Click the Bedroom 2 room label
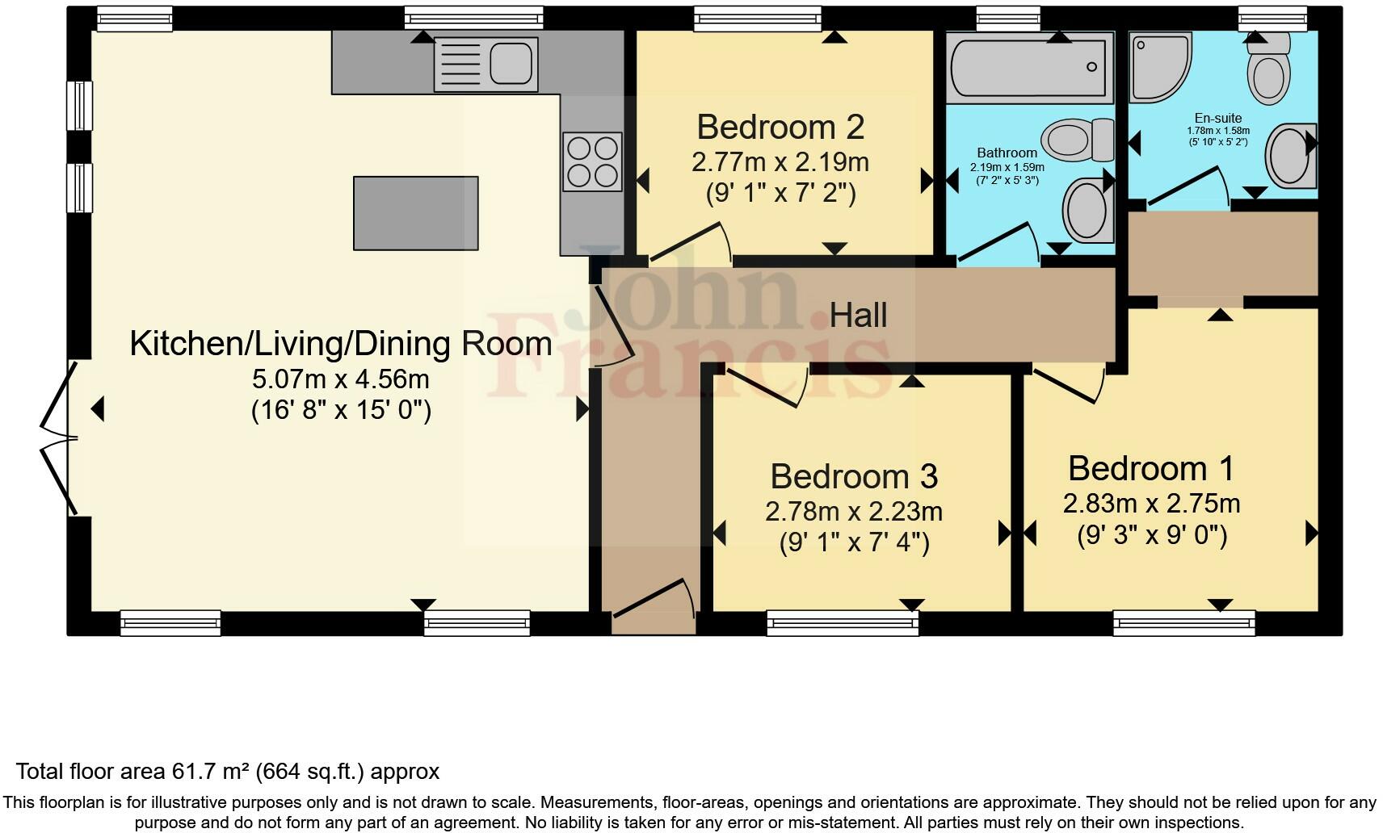(x=780, y=128)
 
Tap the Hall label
(x=858, y=316)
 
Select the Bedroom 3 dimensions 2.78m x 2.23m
(x=853, y=512)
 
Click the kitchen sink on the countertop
(x=486, y=64)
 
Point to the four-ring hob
(x=592, y=161)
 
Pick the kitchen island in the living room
(x=415, y=213)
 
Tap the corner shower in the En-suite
(x=1157, y=66)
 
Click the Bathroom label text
(x=1007, y=153)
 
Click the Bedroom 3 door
(x=766, y=387)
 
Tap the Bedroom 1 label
(x=1151, y=469)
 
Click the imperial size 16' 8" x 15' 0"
(x=341, y=411)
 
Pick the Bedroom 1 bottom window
(x=1183, y=622)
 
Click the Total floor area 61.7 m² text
(x=227, y=772)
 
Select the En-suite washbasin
(x=1289, y=156)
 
